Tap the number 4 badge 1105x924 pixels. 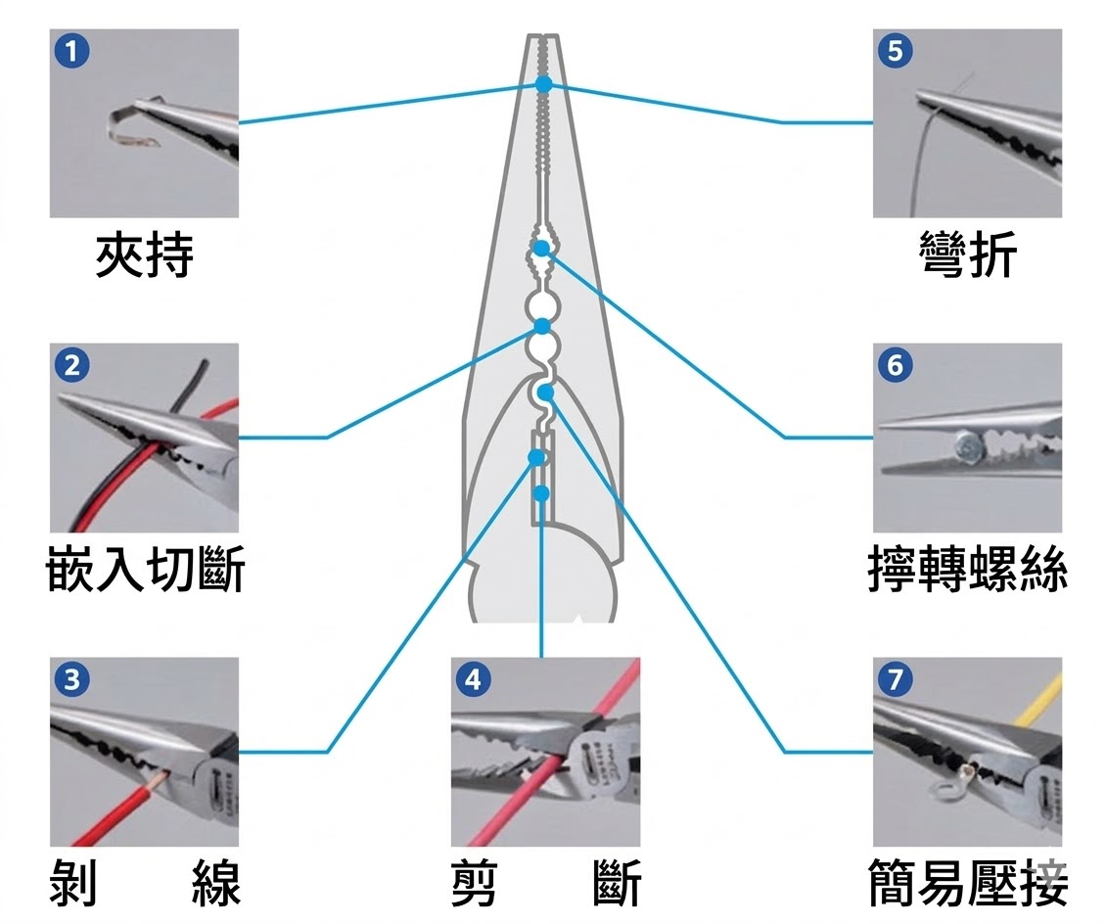click(x=474, y=679)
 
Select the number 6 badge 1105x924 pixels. click(x=896, y=365)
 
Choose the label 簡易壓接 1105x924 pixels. click(x=968, y=883)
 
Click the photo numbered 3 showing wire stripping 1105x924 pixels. click(x=144, y=752)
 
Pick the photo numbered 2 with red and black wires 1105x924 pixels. click(x=144, y=438)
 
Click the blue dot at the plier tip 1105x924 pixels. click(x=543, y=84)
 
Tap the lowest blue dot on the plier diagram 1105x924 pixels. click(x=541, y=492)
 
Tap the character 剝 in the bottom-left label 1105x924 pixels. click(x=74, y=883)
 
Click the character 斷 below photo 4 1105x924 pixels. click(x=617, y=883)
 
